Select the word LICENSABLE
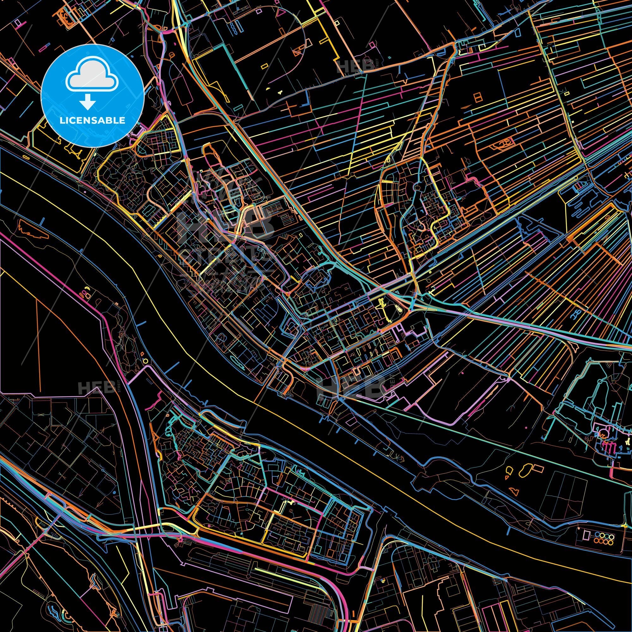(92, 120)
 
